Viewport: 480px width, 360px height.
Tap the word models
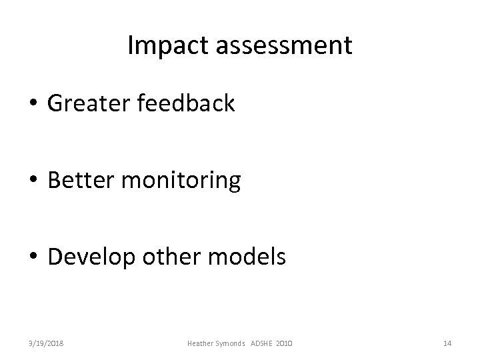point(251,257)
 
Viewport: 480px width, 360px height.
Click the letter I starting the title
point(129,46)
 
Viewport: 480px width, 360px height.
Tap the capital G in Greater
point(55,103)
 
